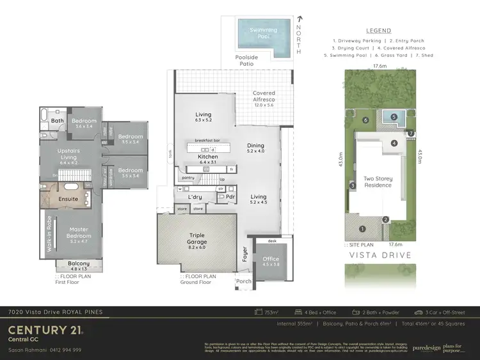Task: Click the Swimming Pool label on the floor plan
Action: (x=263, y=33)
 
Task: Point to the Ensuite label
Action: (x=68, y=199)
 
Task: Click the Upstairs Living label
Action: (x=59, y=153)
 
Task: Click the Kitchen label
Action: (x=208, y=157)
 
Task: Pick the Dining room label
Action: (x=255, y=146)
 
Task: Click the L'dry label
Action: (x=195, y=196)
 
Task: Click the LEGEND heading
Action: (x=378, y=30)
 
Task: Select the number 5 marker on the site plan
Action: (x=395, y=116)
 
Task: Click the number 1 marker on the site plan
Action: (x=362, y=228)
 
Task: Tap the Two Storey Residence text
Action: (x=378, y=182)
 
